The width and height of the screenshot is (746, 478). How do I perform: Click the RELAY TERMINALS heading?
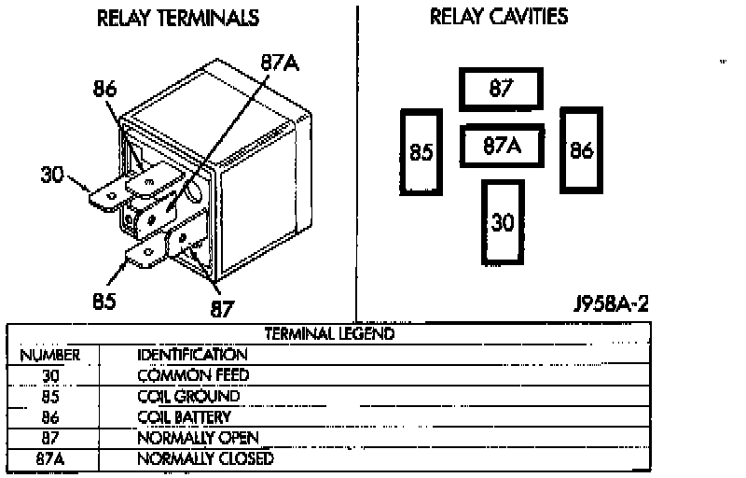point(178,19)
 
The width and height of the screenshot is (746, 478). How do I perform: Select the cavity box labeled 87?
point(502,90)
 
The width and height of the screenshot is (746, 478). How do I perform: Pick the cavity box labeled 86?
point(581,149)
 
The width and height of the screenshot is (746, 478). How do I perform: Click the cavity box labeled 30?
point(503,221)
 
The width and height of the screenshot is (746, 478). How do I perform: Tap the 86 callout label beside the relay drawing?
point(105,90)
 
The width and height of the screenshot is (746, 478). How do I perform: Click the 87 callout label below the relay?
point(223,308)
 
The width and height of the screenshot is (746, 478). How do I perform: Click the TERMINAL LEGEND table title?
point(330,333)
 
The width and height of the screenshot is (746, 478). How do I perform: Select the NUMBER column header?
point(50,355)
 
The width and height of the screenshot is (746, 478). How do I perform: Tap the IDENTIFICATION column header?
point(192,355)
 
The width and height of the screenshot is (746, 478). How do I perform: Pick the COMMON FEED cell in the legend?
point(193,375)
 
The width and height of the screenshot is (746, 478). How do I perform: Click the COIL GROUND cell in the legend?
point(188,396)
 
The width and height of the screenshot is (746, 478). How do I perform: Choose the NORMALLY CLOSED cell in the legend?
point(205,458)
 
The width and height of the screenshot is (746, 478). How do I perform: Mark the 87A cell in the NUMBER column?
point(50,458)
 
